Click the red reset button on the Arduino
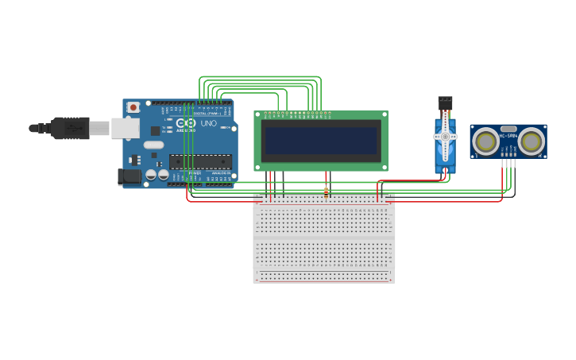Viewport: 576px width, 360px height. click(133, 106)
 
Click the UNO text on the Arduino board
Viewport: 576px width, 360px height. click(208, 123)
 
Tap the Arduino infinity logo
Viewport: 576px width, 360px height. click(187, 123)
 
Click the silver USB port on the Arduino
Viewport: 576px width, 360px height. click(125, 128)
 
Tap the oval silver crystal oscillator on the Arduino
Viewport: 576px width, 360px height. click(153, 145)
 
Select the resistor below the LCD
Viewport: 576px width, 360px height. click(326, 192)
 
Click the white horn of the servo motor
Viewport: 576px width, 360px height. click(445, 137)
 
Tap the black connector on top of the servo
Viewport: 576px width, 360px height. click(445, 103)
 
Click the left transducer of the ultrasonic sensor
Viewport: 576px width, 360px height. click(485, 141)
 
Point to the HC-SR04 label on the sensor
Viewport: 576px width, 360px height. click(508, 135)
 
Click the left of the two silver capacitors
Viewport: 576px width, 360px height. click(150, 174)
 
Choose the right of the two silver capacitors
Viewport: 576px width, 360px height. click(163, 174)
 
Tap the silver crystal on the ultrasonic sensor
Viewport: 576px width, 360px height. click(508, 128)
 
